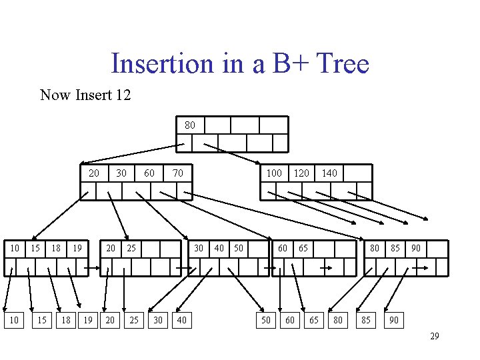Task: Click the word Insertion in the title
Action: (x=159, y=64)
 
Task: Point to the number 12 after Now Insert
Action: (x=123, y=95)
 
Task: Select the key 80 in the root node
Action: (x=190, y=125)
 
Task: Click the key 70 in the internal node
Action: (x=177, y=173)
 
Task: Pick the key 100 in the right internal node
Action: (x=274, y=173)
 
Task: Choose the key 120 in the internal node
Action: (x=301, y=173)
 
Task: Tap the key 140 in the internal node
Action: (x=329, y=173)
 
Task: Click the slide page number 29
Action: (x=434, y=336)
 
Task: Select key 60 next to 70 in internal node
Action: (x=149, y=173)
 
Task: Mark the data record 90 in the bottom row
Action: (x=394, y=321)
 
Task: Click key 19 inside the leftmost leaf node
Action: (x=78, y=248)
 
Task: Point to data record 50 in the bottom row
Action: (x=265, y=321)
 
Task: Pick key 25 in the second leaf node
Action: (x=131, y=248)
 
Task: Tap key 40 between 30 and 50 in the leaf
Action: (x=219, y=248)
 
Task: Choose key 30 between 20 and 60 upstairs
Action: (x=121, y=173)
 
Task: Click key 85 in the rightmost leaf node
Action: (x=395, y=248)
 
